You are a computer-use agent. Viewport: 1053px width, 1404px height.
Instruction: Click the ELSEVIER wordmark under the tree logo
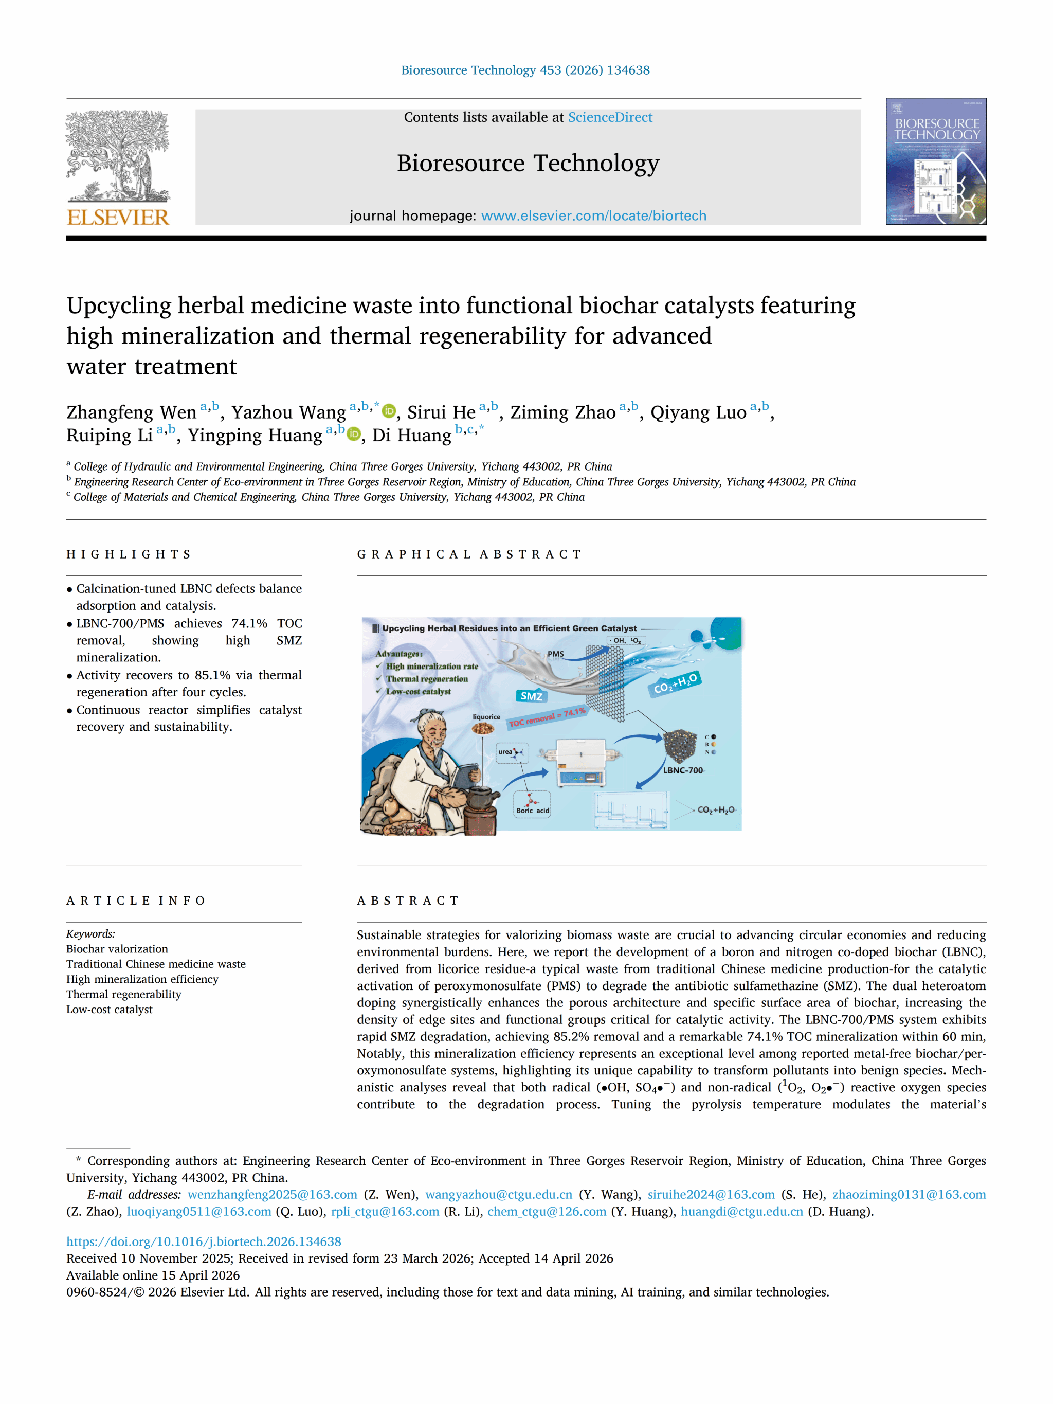pyautogui.click(x=118, y=217)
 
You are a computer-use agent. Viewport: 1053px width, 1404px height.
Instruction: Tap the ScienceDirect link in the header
pyautogui.click(x=609, y=117)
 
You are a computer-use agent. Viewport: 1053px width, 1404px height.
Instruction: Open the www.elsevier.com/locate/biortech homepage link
pyautogui.click(x=593, y=216)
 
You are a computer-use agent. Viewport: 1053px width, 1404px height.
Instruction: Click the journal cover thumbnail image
pyautogui.click(x=936, y=161)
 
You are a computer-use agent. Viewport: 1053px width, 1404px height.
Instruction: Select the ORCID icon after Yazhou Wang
pyautogui.click(x=389, y=412)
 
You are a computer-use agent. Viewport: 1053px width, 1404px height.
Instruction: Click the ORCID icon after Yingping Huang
pyautogui.click(x=354, y=435)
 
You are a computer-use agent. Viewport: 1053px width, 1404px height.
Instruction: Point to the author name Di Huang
pyautogui.click(x=411, y=436)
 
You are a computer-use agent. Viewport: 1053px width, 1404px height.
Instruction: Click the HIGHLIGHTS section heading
pyautogui.click(x=129, y=554)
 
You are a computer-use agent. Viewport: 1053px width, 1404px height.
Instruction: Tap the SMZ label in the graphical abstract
pyautogui.click(x=531, y=696)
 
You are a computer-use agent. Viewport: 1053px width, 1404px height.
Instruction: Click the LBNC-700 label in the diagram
pyautogui.click(x=683, y=770)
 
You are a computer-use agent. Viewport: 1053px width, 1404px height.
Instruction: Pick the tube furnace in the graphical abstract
pyautogui.click(x=580, y=762)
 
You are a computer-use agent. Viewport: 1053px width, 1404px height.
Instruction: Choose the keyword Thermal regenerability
pyautogui.click(x=124, y=994)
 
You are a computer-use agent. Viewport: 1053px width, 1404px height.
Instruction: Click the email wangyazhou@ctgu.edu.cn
pyautogui.click(x=498, y=1195)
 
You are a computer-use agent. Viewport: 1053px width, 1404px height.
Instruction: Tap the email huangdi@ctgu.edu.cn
pyautogui.click(x=741, y=1211)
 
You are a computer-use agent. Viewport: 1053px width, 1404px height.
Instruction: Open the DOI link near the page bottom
pyautogui.click(x=204, y=1241)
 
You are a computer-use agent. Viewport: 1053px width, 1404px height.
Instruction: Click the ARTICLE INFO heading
pyautogui.click(x=136, y=901)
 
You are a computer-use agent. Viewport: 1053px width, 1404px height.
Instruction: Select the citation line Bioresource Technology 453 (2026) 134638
pyautogui.click(x=525, y=70)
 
